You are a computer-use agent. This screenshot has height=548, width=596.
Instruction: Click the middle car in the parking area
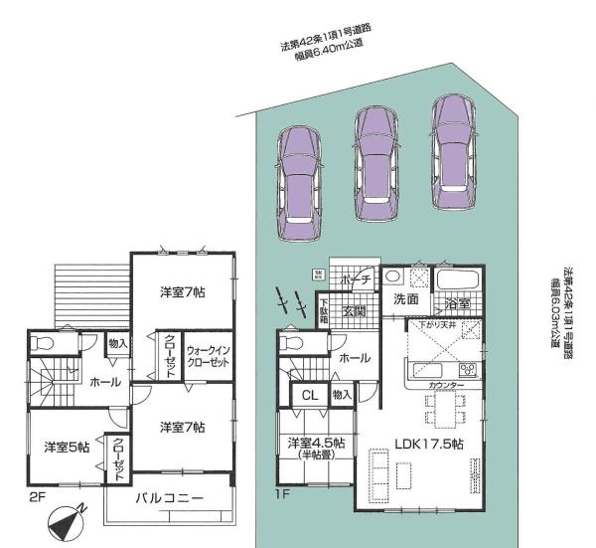click(x=375, y=154)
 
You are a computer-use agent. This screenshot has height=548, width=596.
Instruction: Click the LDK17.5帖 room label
click(x=428, y=444)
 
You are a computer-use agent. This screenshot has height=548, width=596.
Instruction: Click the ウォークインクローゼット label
click(x=208, y=357)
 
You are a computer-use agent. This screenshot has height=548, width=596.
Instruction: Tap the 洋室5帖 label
click(x=67, y=448)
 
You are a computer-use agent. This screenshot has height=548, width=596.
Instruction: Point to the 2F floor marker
click(x=38, y=493)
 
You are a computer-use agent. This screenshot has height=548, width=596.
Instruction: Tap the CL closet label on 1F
click(x=309, y=395)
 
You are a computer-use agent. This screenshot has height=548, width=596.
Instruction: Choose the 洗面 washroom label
click(x=404, y=297)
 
